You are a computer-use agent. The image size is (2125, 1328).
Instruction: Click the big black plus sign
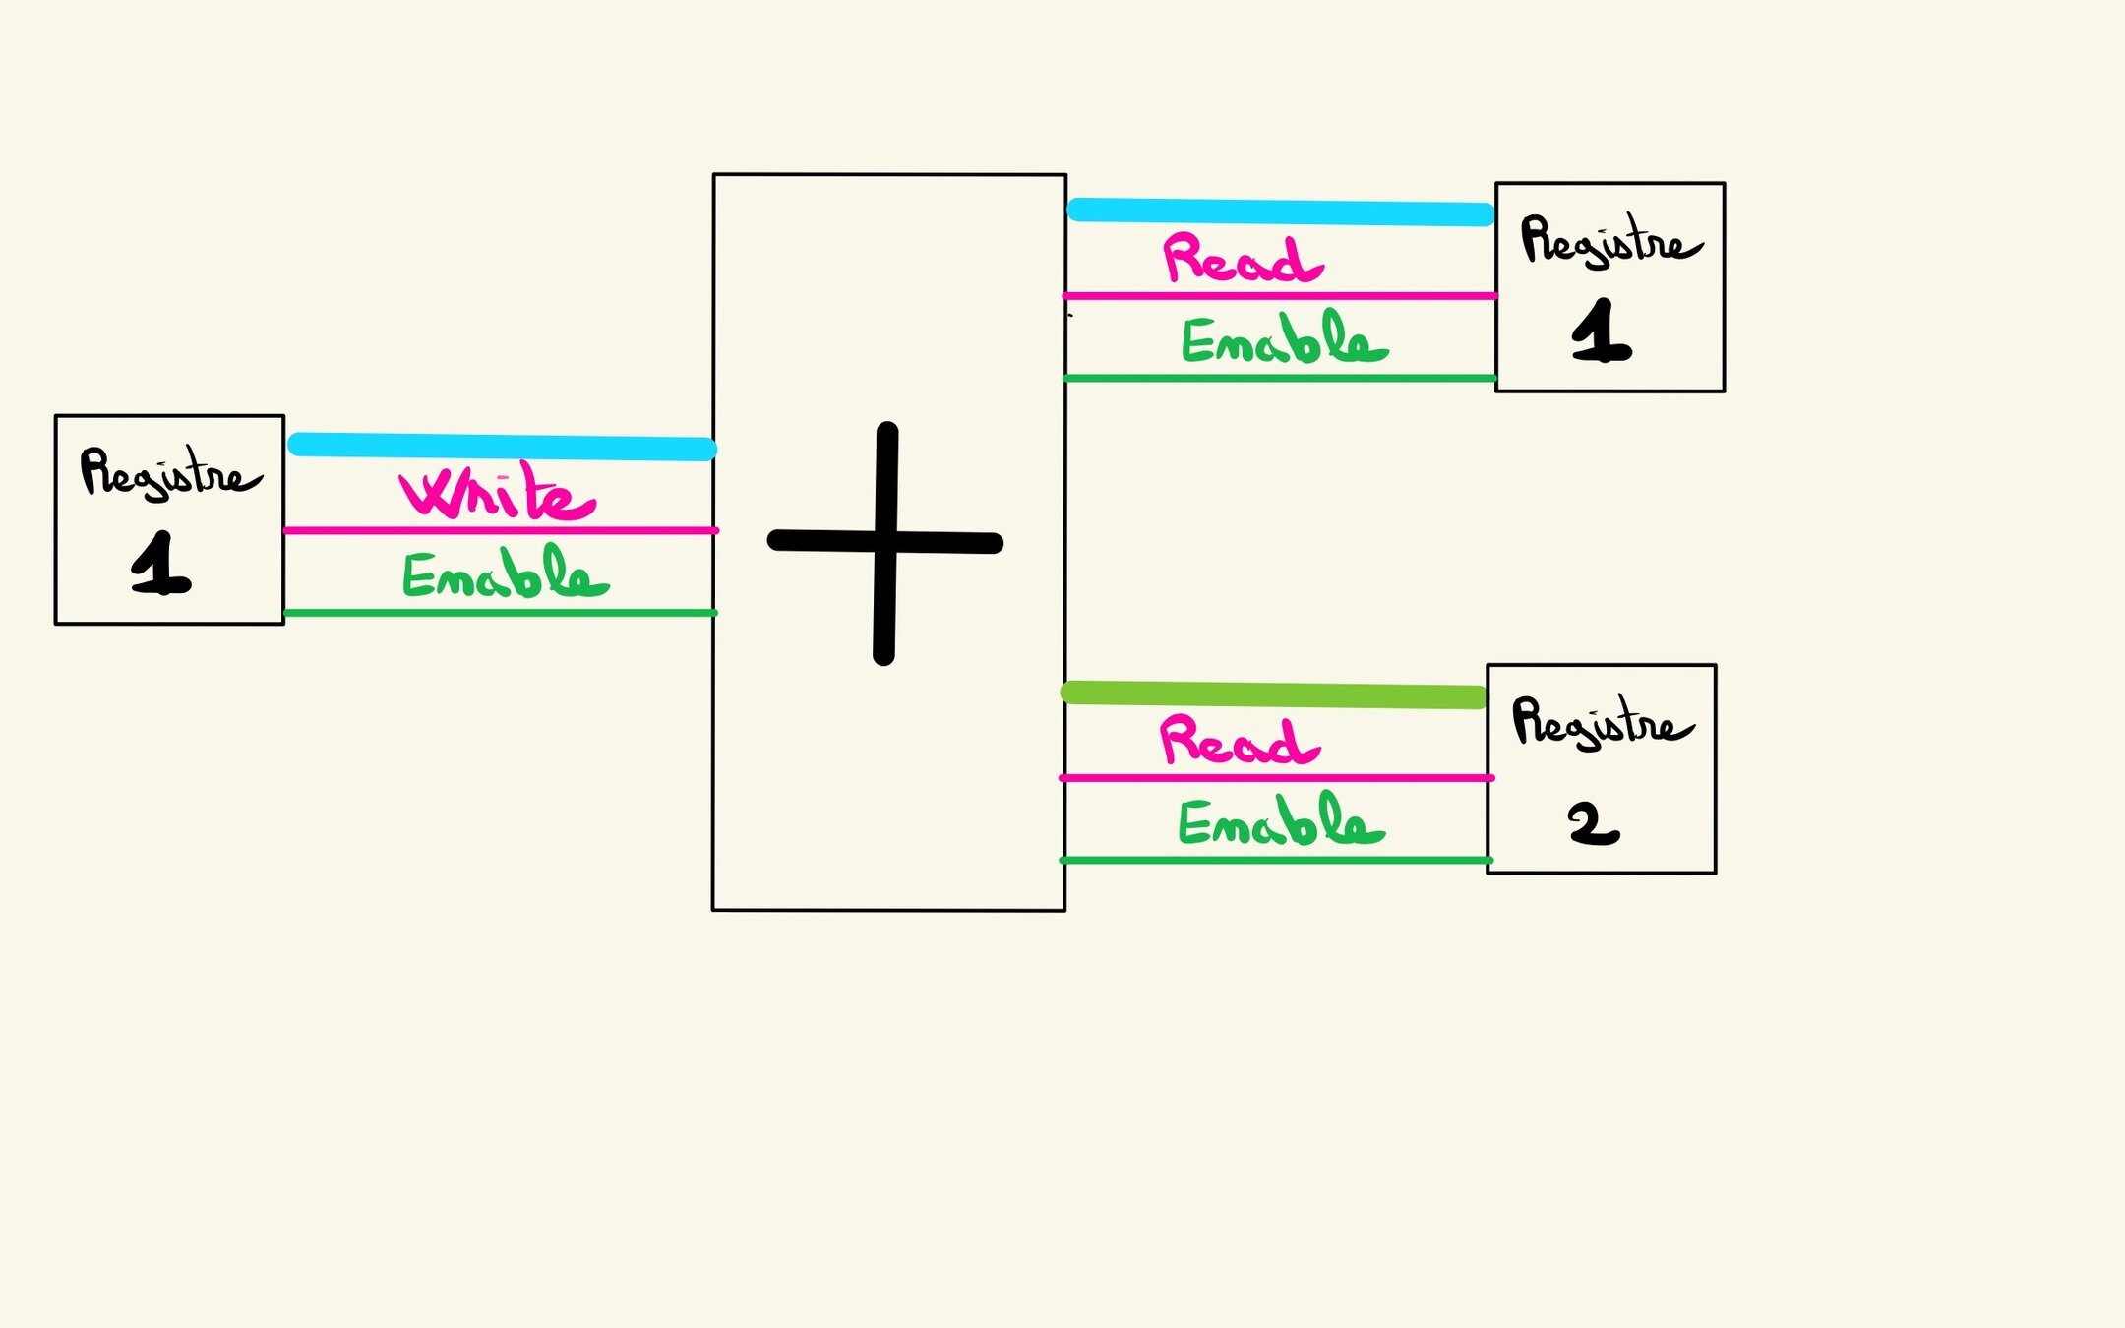(885, 542)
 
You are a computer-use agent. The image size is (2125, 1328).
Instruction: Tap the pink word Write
(497, 492)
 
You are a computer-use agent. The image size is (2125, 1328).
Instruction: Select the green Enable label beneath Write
(506, 574)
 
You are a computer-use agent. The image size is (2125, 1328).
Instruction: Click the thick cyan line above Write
(502, 446)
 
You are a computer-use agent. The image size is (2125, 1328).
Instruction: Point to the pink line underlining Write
(502, 530)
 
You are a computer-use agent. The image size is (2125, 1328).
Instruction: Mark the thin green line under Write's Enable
(502, 613)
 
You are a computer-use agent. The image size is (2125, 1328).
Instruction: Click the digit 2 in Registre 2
(1593, 824)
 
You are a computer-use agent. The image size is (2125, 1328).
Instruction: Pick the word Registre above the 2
(1602, 723)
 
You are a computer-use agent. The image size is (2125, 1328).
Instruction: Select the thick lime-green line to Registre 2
(1274, 694)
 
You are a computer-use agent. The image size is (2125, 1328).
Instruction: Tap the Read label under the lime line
(1240, 741)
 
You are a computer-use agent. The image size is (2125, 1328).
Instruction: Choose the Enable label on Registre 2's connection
(1281, 822)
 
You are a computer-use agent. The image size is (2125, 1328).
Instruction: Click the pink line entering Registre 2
(1277, 778)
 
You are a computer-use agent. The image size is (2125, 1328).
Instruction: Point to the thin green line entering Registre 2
(1277, 861)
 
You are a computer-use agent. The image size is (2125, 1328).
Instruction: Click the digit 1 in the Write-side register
(160, 564)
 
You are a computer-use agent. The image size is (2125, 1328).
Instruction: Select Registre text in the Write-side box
(169, 473)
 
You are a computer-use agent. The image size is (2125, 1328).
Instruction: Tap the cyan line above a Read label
(1281, 211)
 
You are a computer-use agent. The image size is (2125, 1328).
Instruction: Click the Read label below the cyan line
(1243, 259)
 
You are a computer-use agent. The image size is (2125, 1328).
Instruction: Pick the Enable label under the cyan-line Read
(1284, 339)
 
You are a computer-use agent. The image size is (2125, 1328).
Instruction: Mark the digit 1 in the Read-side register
(1601, 332)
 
